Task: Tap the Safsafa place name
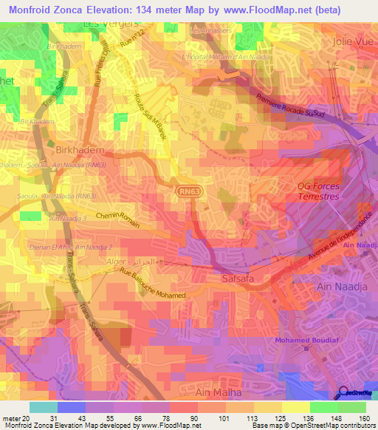pyautogui.click(x=238, y=279)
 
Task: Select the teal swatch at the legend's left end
pyautogui.click(x=43, y=407)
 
